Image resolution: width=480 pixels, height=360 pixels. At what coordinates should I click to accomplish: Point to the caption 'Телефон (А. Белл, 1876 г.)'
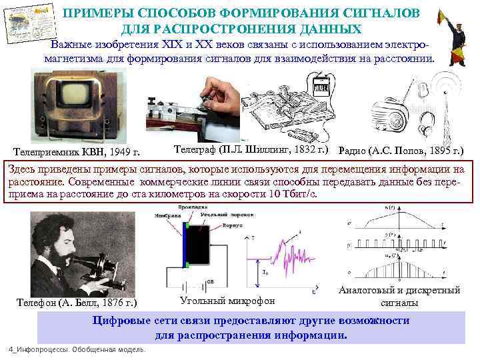pyautogui.click(x=77, y=303)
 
